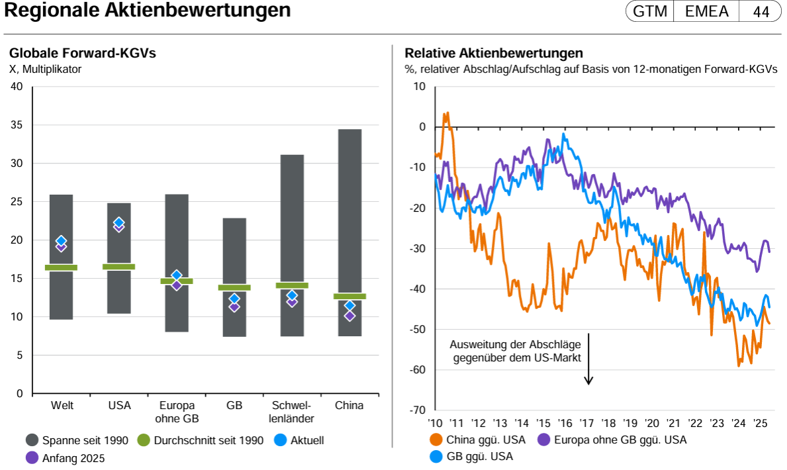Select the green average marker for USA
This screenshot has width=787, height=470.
(119, 267)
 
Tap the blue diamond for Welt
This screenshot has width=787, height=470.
(61, 241)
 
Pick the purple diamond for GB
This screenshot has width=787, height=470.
(234, 306)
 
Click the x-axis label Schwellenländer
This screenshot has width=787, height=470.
(291, 412)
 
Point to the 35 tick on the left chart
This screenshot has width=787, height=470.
(17, 125)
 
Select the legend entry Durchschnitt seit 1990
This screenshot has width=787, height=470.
(200, 440)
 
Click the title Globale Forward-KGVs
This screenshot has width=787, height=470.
(82, 54)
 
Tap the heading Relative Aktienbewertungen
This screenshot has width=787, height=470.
(494, 54)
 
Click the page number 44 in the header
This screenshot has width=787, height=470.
(761, 11)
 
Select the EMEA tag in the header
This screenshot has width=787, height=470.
(707, 11)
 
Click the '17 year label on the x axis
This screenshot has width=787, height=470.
(586, 424)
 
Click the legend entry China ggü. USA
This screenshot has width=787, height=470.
(479, 439)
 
